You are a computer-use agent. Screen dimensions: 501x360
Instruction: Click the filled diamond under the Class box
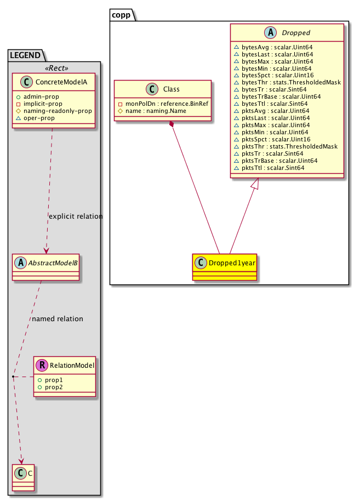[172, 125]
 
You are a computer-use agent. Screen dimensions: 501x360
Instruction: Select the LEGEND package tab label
[26, 54]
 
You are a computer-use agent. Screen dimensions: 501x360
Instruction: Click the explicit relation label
[76, 216]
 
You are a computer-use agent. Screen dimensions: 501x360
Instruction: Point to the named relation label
[58, 318]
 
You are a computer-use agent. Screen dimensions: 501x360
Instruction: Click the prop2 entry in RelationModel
[54, 388]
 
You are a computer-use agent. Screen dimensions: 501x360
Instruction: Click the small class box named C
[22, 476]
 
